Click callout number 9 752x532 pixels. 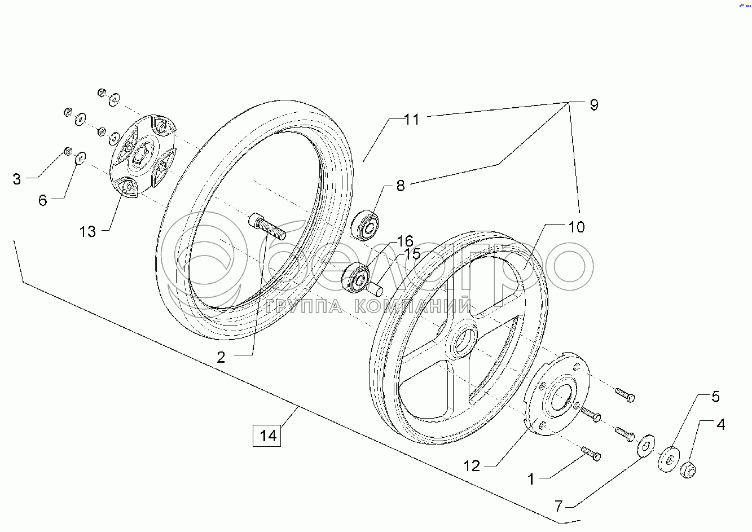(x=593, y=105)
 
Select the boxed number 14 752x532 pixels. (x=267, y=436)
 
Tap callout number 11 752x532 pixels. (x=412, y=120)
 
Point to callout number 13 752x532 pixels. (x=87, y=231)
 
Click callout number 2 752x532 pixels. (x=221, y=357)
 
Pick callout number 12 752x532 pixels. (x=472, y=466)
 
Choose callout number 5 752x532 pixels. (x=715, y=397)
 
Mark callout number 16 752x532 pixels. (x=406, y=241)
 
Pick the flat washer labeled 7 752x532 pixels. (x=644, y=446)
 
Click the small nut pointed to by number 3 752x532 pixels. (x=67, y=151)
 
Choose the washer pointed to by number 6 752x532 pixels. (x=80, y=157)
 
